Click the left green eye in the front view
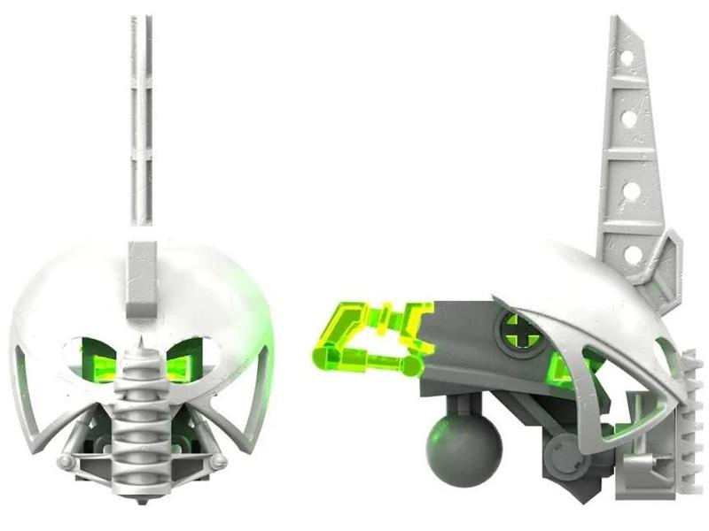click(99, 363)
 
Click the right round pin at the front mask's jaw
click(218, 463)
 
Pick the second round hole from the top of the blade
click(629, 117)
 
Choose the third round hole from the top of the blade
click(631, 188)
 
